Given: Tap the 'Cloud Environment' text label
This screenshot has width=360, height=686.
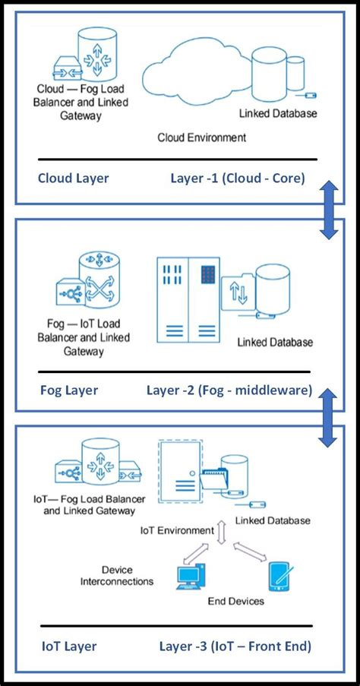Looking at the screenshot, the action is tap(202, 138).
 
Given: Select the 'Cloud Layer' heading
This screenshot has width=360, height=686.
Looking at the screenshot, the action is tap(74, 178).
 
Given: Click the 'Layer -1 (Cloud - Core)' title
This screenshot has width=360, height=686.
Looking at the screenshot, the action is tap(238, 179).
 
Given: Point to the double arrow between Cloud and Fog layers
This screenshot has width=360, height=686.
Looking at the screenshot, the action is tap(329, 211).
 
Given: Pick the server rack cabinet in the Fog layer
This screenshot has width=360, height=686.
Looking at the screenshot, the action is tap(188, 300).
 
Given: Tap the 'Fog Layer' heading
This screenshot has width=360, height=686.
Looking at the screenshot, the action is tap(69, 390).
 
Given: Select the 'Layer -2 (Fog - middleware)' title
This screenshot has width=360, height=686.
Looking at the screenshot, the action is tap(229, 390).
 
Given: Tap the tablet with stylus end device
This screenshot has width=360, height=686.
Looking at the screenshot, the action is tap(282, 577).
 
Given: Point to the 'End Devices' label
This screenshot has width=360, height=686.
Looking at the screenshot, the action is tap(235, 601).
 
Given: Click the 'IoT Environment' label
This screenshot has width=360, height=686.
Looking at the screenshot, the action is tap(177, 531).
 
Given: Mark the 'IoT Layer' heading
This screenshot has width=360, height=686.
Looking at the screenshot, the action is tap(69, 646).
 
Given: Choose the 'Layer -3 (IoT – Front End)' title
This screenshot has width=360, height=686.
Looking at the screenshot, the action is tap(235, 646).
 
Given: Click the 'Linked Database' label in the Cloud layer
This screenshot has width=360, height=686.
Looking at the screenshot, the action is tap(278, 114).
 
